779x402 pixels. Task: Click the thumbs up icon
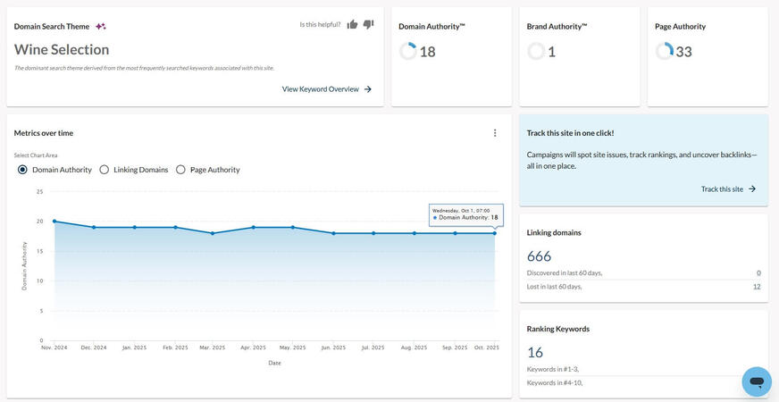click(x=352, y=24)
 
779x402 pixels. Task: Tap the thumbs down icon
click(x=368, y=24)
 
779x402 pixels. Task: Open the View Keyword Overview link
click(x=327, y=89)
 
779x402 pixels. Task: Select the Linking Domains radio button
click(x=105, y=170)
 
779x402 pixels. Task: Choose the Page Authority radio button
click(x=181, y=170)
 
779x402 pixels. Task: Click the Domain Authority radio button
click(x=22, y=170)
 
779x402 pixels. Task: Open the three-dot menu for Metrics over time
click(x=495, y=133)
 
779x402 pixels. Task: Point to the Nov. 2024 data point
click(x=54, y=222)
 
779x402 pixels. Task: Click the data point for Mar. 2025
click(x=213, y=233)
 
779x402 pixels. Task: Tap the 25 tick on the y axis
click(x=39, y=191)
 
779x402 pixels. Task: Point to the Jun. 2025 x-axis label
click(x=333, y=348)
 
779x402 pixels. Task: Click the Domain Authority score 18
click(x=427, y=52)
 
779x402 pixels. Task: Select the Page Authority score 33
click(x=683, y=52)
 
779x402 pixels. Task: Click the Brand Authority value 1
click(x=551, y=52)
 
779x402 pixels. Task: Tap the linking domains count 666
click(x=540, y=256)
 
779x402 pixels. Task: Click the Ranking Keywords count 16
click(x=535, y=352)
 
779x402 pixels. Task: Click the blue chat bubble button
click(x=756, y=381)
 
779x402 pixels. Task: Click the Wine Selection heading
click(x=62, y=50)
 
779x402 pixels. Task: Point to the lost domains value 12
click(x=756, y=287)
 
